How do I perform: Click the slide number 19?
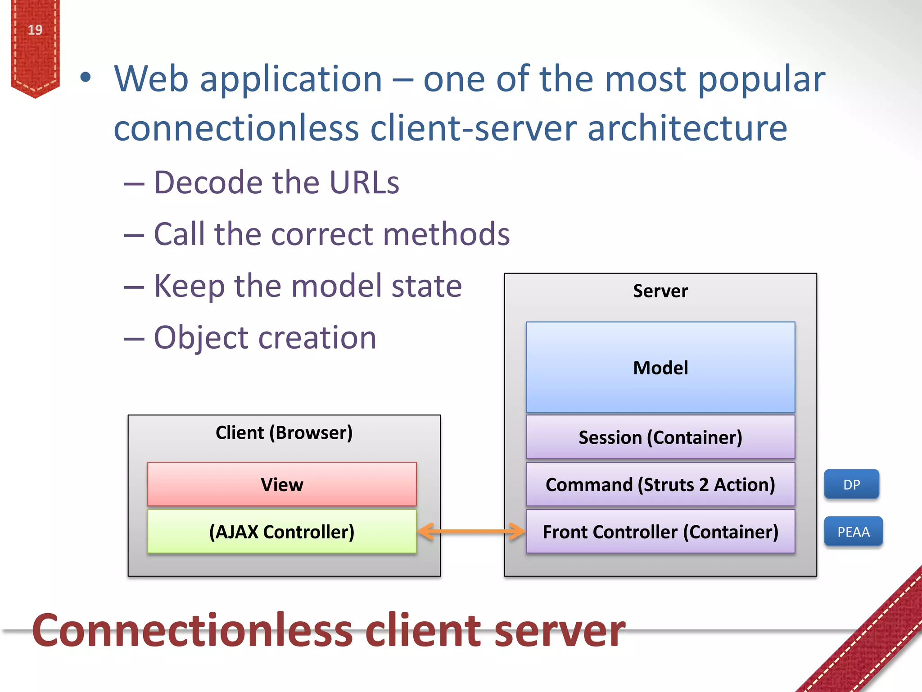tap(35, 30)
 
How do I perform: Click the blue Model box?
tap(660, 367)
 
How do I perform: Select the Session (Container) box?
tap(660, 437)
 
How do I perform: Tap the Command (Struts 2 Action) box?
tap(660, 485)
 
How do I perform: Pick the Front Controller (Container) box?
tap(660, 532)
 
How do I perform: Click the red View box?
tap(282, 484)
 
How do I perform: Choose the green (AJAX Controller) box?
tap(282, 532)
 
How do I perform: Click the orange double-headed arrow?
tap(471, 532)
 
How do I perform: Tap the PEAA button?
tap(853, 532)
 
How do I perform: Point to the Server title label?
tap(660, 291)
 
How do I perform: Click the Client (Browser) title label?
tap(284, 432)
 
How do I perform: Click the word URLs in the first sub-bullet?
tap(364, 182)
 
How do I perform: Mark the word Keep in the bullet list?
tap(189, 286)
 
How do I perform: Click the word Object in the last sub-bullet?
tap(201, 338)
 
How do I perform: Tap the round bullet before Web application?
tap(85, 77)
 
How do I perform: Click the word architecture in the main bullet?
tap(687, 128)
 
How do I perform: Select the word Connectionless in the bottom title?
tap(192, 630)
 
